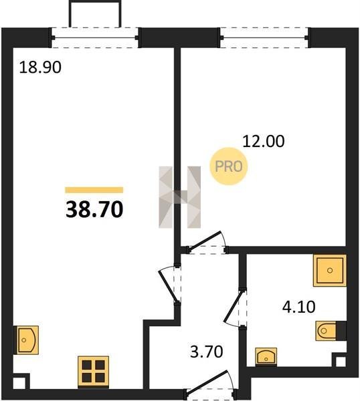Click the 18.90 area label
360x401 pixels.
point(40,68)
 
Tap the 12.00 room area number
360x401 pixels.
point(263,141)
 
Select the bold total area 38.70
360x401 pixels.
point(94,209)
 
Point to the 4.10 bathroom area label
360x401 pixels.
point(298,307)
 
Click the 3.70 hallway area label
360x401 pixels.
point(207,352)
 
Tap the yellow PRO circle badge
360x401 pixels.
point(229,166)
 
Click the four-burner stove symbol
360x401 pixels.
point(93,371)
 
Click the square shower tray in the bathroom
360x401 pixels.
point(330,270)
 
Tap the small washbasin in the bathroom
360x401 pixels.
point(266,356)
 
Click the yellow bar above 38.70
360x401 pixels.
point(94,190)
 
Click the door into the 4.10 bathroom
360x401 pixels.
point(235,308)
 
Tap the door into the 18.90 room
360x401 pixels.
point(169,285)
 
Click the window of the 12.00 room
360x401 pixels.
point(264,38)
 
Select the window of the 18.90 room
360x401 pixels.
point(95,38)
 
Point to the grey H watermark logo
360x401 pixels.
point(180,197)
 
